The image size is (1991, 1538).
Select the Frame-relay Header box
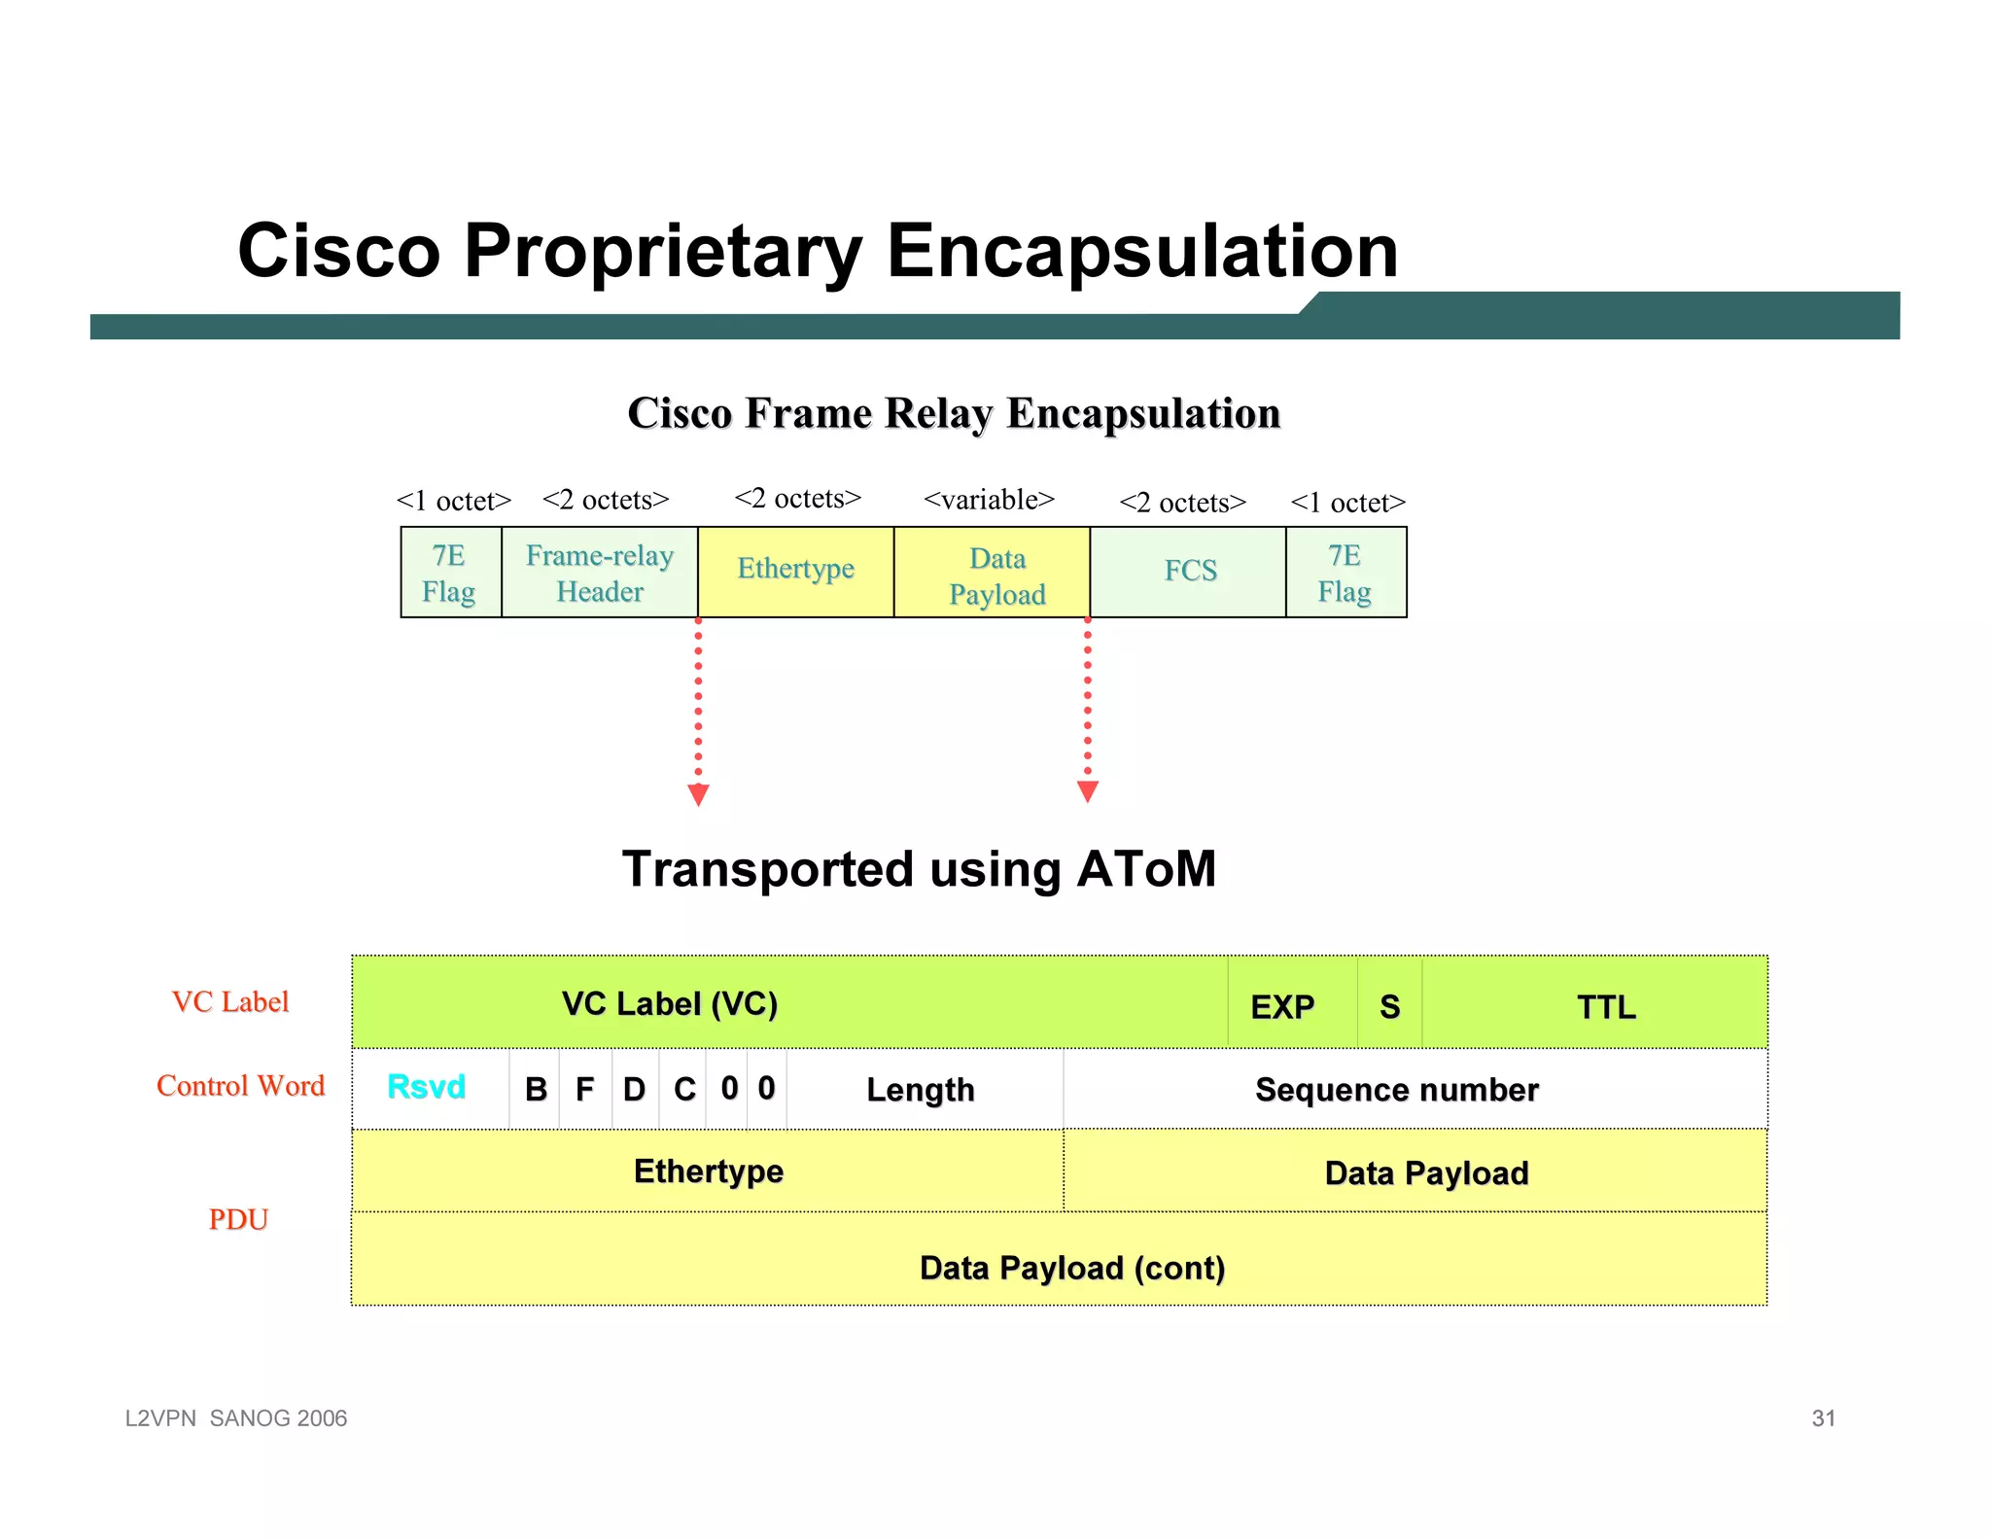pyautogui.click(x=599, y=573)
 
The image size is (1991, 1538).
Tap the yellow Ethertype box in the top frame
pyautogui.click(x=795, y=571)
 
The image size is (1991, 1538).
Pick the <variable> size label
pyautogui.click(x=988, y=500)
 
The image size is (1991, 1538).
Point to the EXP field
pyautogui.click(x=1282, y=1006)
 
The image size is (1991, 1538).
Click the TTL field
pyautogui.click(x=1605, y=1006)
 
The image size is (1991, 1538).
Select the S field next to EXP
pyautogui.click(x=1389, y=1006)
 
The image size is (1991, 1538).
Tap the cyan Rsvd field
pyautogui.click(x=426, y=1087)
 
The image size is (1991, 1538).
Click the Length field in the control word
pyautogui.click(x=920, y=1090)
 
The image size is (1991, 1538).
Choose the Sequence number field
pyautogui.click(x=1396, y=1090)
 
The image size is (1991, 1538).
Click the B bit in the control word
pyautogui.click(x=536, y=1090)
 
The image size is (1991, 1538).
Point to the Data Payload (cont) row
pyautogui.click(x=1070, y=1267)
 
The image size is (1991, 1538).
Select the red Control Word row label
pyautogui.click(x=240, y=1086)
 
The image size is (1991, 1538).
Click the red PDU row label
pyautogui.click(x=237, y=1219)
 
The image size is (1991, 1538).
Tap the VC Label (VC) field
pyautogui.click(x=670, y=1003)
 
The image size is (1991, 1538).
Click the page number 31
pyautogui.click(x=1823, y=1417)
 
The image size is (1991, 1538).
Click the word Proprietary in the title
pyautogui.click(x=662, y=252)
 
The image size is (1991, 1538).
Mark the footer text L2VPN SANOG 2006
pyautogui.click(x=236, y=1417)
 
